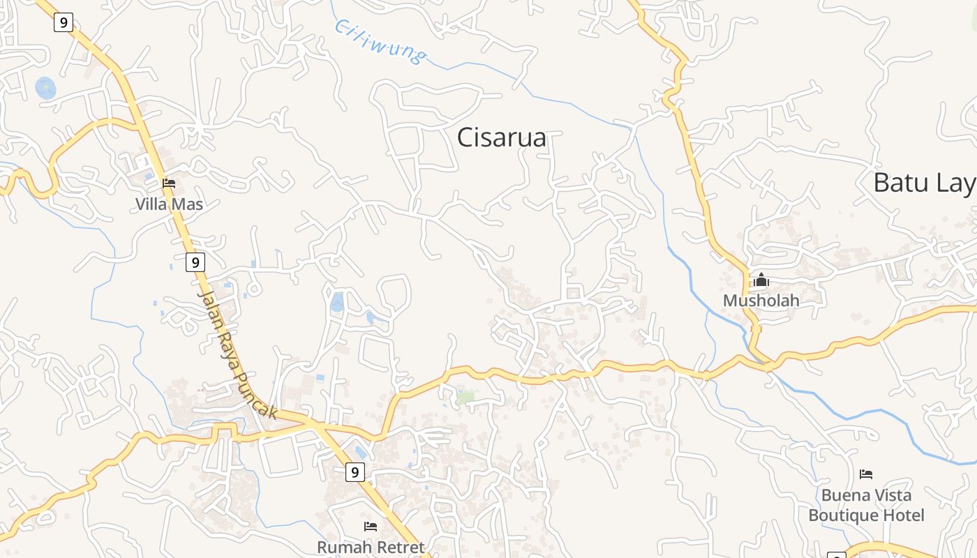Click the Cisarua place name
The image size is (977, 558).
pos(501,137)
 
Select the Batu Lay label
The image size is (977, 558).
pos(924,183)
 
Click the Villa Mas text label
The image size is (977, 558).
pos(169,204)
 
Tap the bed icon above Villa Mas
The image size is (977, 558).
pos(169,183)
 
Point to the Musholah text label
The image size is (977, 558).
pos(761,301)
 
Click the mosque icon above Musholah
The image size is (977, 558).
pos(761,280)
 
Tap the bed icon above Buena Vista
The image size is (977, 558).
pos(866,474)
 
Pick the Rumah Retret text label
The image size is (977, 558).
pos(371,547)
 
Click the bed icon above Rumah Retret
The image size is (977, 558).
pos(371,526)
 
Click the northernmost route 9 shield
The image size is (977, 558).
pos(64,22)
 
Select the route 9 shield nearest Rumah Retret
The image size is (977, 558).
pos(355,473)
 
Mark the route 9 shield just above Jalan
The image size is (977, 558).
pos(195,262)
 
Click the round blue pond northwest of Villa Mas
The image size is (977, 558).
pos(45,88)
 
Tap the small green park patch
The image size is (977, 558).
pos(465,398)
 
